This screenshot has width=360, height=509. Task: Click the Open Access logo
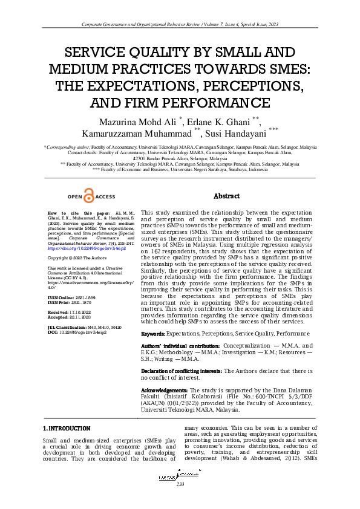tap(90, 196)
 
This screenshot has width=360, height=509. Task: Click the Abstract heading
tap(228, 196)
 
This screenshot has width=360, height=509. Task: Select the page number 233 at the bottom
tap(180, 485)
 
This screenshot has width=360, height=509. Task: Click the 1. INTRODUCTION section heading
tap(67, 429)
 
